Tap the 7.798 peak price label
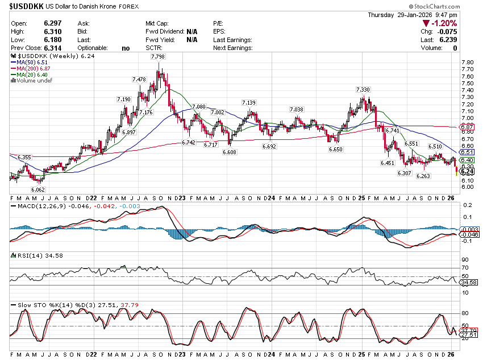click(x=159, y=57)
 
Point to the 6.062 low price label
click(x=38, y=190)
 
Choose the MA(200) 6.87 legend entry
click(x=35, y=68)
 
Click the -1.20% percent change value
click(x=444, y=23)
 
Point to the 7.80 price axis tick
click(x=468, y=62)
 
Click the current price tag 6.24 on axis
click(x=468, y=171)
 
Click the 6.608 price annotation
click(x=230, y=152)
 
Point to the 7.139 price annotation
click(x=248, y=102)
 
